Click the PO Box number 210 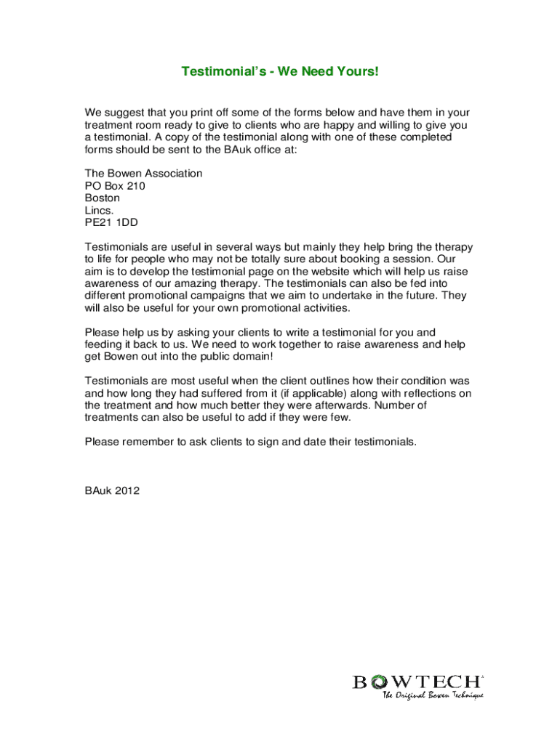point(136,186)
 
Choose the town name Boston point(103,198)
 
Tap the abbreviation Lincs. point(100,210)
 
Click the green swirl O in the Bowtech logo point(379,682)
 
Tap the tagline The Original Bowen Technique point(433,695)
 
